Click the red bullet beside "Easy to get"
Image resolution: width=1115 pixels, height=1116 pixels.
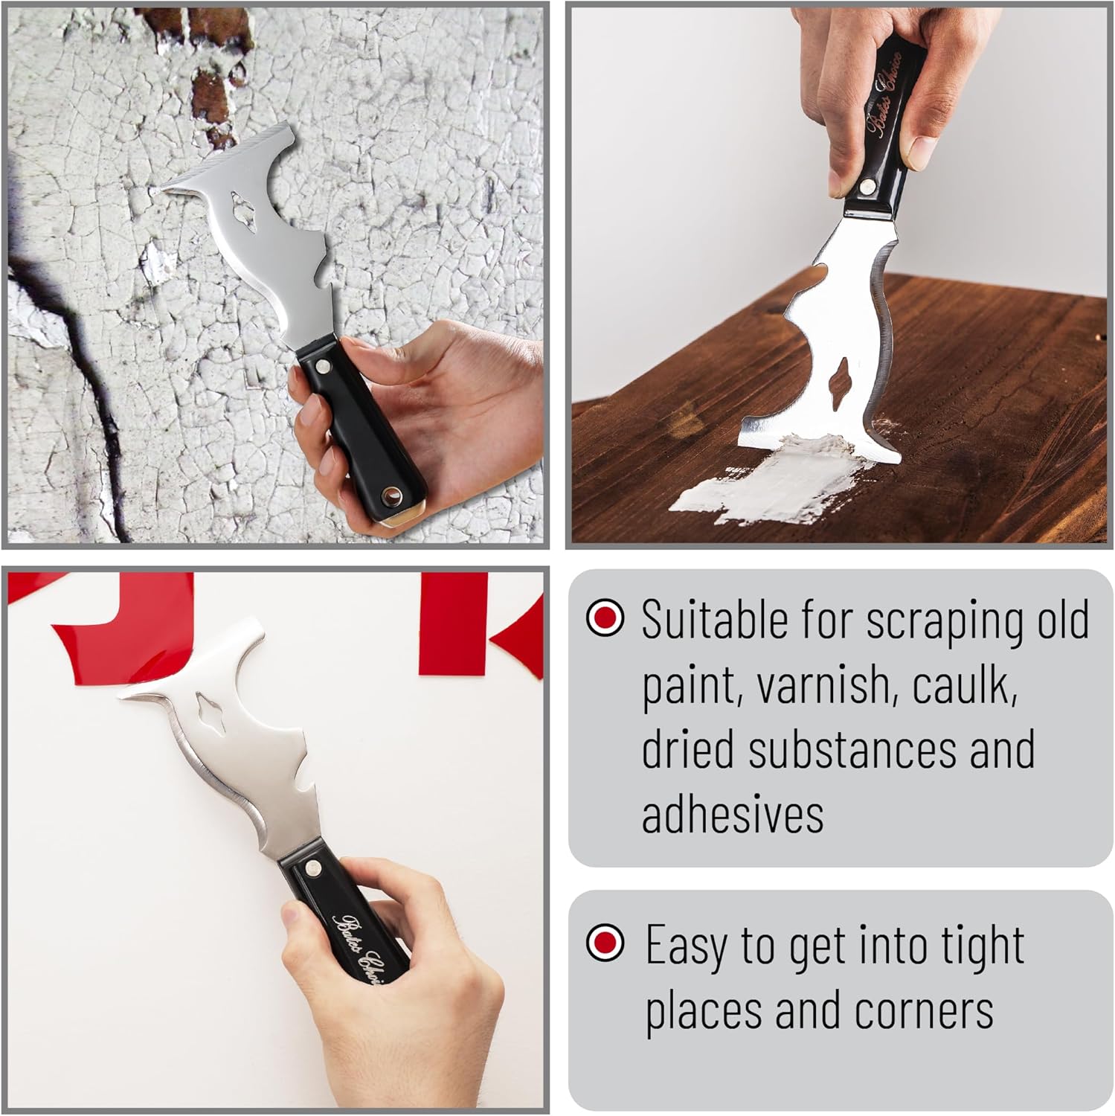click(x=605, y=943)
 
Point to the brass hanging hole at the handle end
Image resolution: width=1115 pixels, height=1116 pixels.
click(x=386, y=494)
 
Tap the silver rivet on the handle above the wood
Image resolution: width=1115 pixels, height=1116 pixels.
click(x=867, y=185)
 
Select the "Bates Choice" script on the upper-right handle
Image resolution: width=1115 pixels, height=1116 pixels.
click(x=885, y=95)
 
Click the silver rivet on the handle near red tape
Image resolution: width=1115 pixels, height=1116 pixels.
click(x=312, y=868)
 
